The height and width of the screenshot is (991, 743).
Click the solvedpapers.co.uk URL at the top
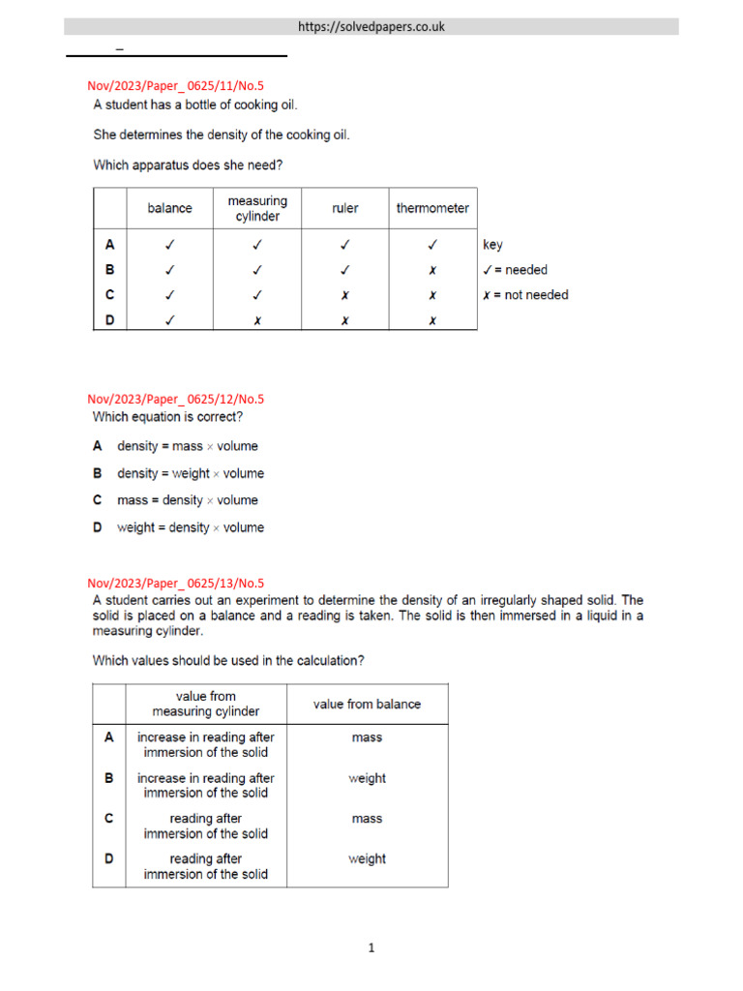[x=371, y=27]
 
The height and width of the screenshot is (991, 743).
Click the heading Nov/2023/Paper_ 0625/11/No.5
[x=175, y=86]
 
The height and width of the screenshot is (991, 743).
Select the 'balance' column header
[x=169, y=208]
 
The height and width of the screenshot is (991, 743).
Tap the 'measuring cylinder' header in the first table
[x=257, y=208]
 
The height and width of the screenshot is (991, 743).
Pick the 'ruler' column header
[x=344, y=208]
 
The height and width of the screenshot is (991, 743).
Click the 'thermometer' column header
[x=432, y=208]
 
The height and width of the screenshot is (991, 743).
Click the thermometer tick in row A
[x=432, y=245]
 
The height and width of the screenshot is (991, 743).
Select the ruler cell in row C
[x=344, y=295]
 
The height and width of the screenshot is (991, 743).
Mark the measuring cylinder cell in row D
[x=257, y=319]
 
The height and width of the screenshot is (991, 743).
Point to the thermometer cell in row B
[x=432, y=270]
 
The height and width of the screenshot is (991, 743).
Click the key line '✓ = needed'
[x=514, y=270]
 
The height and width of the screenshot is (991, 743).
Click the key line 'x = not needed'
[x=524, y=295]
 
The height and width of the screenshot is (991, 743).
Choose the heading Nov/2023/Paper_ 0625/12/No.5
[x=175, y=399]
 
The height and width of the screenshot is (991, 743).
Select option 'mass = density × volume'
[x=189, y=500]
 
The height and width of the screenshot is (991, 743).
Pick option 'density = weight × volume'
[x=191, y=473]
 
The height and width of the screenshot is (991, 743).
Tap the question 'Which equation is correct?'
[x=167, y=417]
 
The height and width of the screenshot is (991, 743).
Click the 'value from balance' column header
[x=367, y=705]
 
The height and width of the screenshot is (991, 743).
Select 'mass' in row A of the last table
[x=367, y=737]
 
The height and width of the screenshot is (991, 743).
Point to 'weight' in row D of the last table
[x=367, y=859]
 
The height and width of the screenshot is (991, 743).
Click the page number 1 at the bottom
[x=371, y=948]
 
